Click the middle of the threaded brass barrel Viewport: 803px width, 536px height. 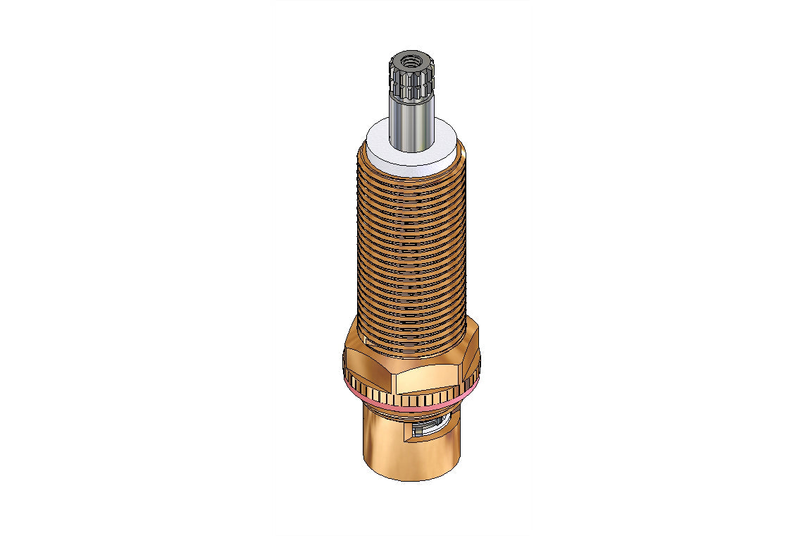click(x=411, y=247)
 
